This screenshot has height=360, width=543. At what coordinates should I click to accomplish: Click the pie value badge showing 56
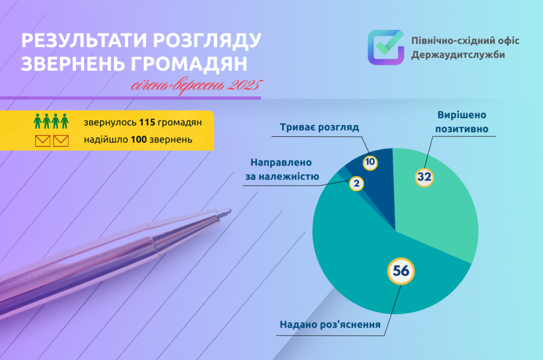click(x=401, y=271)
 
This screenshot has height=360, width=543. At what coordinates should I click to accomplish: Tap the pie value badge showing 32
click(x=425, y=177)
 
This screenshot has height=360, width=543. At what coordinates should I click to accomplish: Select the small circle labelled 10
click(x=370, y=161)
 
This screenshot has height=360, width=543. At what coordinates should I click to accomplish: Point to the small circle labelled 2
click(x=357, y=184)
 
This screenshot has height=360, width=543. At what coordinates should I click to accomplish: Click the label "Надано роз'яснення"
click(x=330, y=325)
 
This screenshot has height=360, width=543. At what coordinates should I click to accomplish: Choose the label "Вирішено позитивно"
click(x=463, y=122)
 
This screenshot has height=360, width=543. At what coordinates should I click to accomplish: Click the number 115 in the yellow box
click(x=148, y=122)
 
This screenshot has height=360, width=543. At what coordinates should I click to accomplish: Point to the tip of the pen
click(x=228, y=211)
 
